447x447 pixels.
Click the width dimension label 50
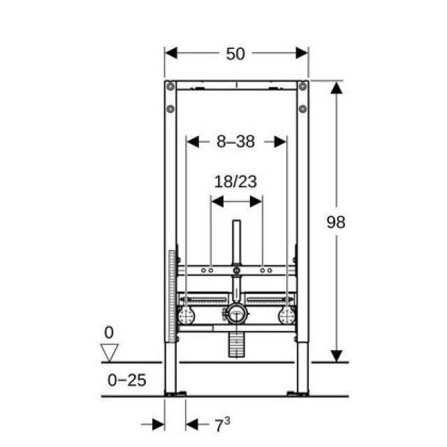pyautogui.click(x=235, y=54)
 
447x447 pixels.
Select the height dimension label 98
pyautogui.click(x=336, y=222)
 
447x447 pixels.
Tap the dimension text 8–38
pyautogui.click(x=235, y=142)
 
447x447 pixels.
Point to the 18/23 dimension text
pyautogui.click(x=235, y=182)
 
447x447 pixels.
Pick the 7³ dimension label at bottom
pyautogui.click(x=221, y=424)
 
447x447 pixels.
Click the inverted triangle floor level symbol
pyautogui.click(x=110, y=351)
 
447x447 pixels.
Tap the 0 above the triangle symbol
pyautogui.click(x=109, y=332)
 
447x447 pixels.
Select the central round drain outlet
pyautogui.click(x=236, y=314)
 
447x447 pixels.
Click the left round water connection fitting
pyautogui.click(x=186, y=316)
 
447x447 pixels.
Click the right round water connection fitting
pyautogui.click(x=286, y=316)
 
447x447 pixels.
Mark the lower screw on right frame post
pyautogui.click(x=302, y=108)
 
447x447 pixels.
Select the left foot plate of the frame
pyautogui.click(x=175, y=394)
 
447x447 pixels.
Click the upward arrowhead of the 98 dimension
pyautogui.click(x=336, y=88)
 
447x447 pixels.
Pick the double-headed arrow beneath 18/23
pyautogui.click(x=236, y=201)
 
